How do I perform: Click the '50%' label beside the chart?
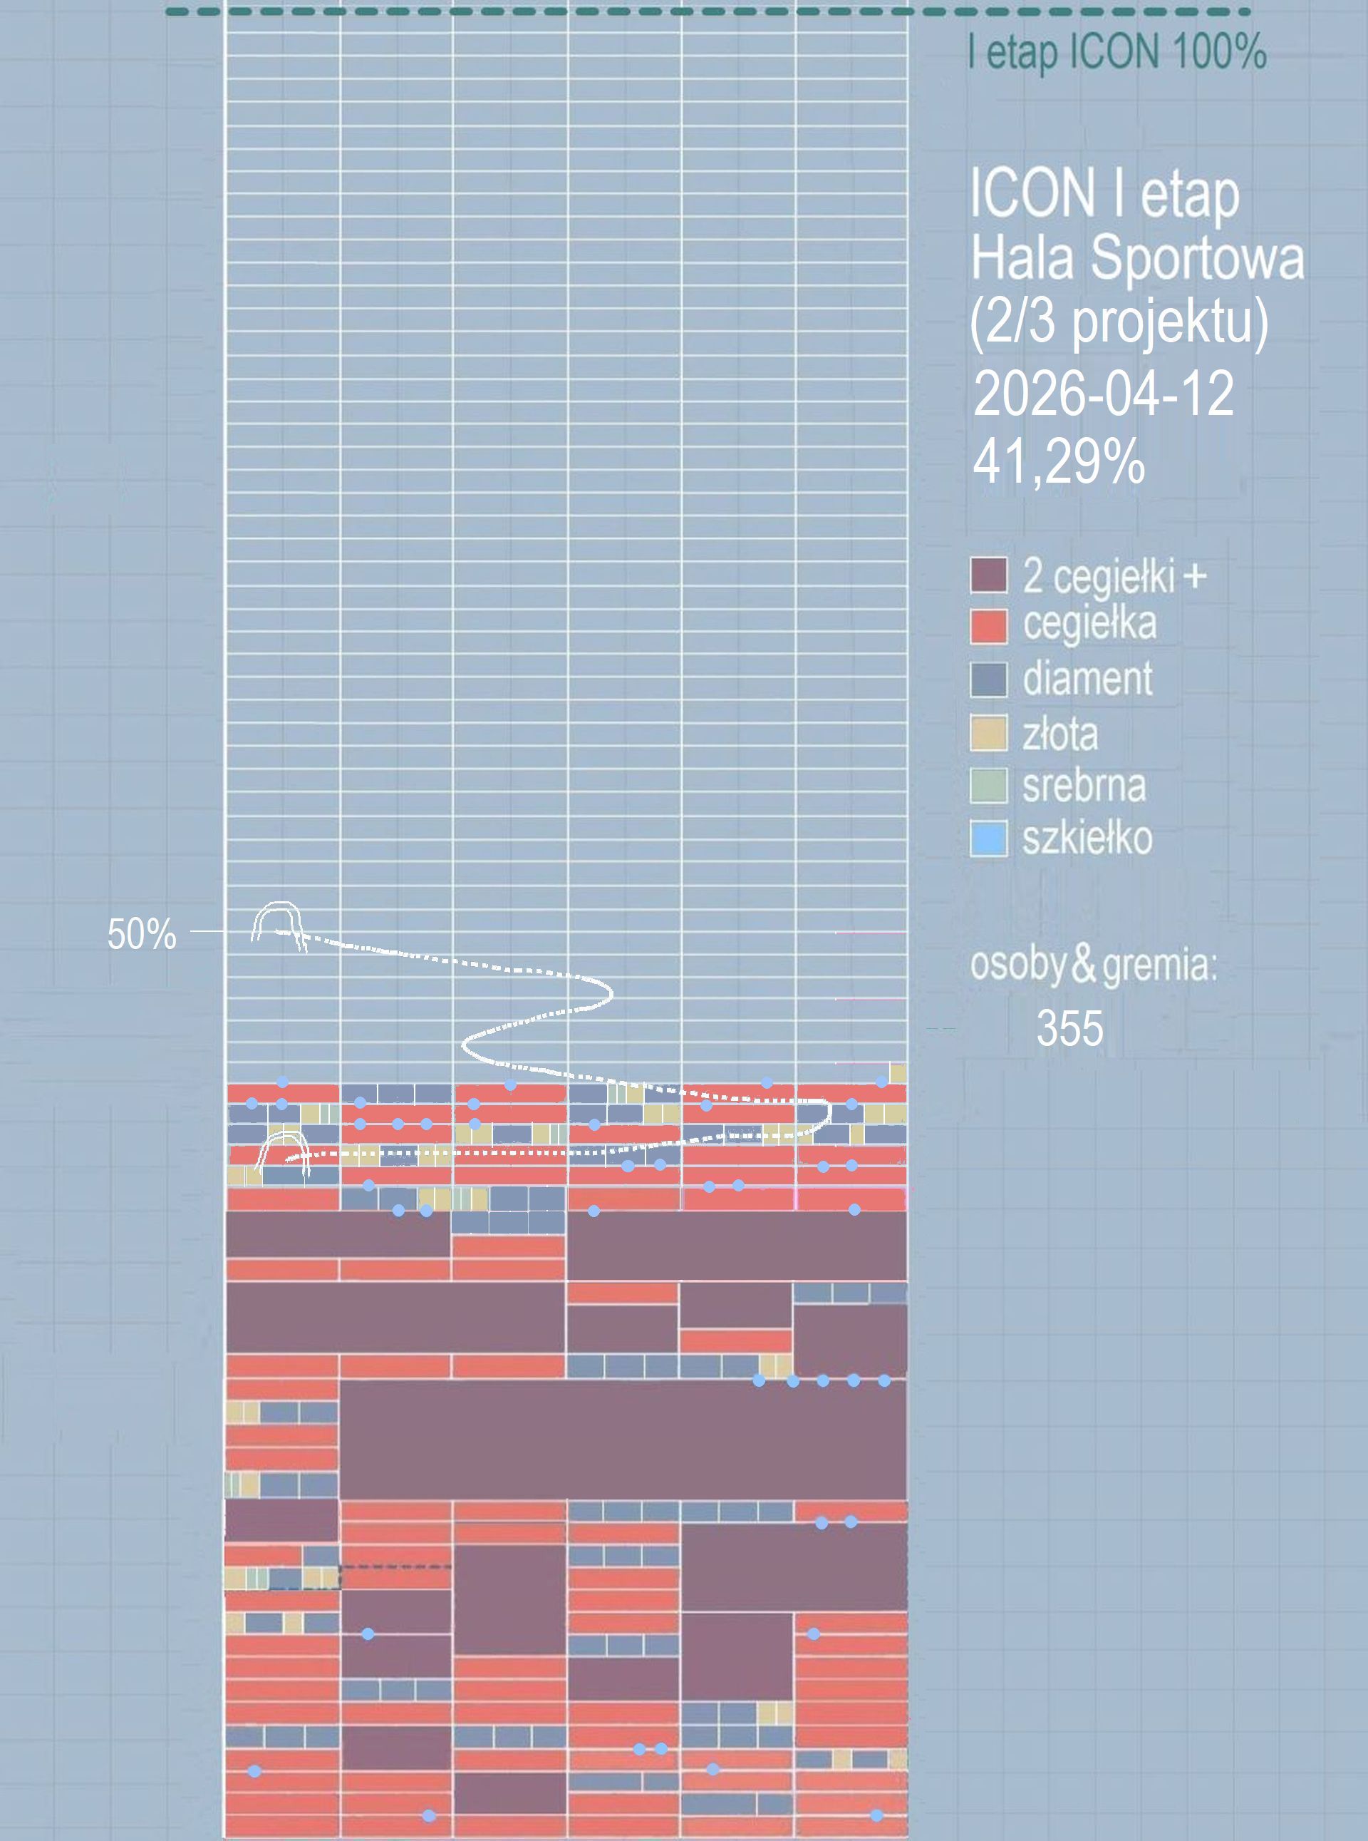click(142, 935)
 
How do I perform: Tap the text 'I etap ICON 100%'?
click(1117, 53)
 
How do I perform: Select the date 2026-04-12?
click(1103, 394)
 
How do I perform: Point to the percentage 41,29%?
click(1058, 461)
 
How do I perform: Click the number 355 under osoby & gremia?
click(1070, 1028)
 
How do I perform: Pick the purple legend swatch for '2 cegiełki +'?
click(989, 575)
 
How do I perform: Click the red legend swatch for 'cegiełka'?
click(989, 626)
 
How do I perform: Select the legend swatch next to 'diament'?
click(989, 680)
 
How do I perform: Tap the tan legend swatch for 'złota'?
click(989, 733)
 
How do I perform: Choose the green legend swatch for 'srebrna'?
click(989, 786)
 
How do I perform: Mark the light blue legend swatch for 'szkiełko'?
click(989, 839)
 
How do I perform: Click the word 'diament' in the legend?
click(1087, 680)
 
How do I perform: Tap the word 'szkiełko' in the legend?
click(1087, 839)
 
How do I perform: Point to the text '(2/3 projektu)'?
click(1118, 322)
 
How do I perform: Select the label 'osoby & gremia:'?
click(1093, 965)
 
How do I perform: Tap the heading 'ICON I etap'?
click(1104, 194)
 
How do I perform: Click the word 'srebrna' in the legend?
click(1084, 786)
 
